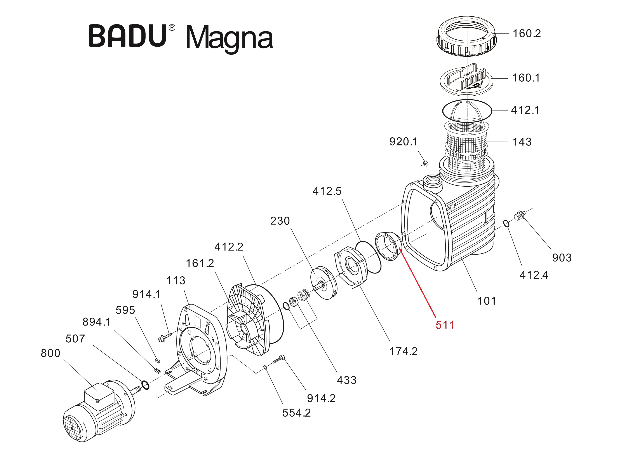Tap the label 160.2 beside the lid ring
coord(527,33)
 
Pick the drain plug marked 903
coord(519,216)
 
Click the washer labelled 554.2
coord(265,367)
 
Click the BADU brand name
coord(128,36)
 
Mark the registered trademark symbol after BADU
coord(172,28)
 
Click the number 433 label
coord(346,380)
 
